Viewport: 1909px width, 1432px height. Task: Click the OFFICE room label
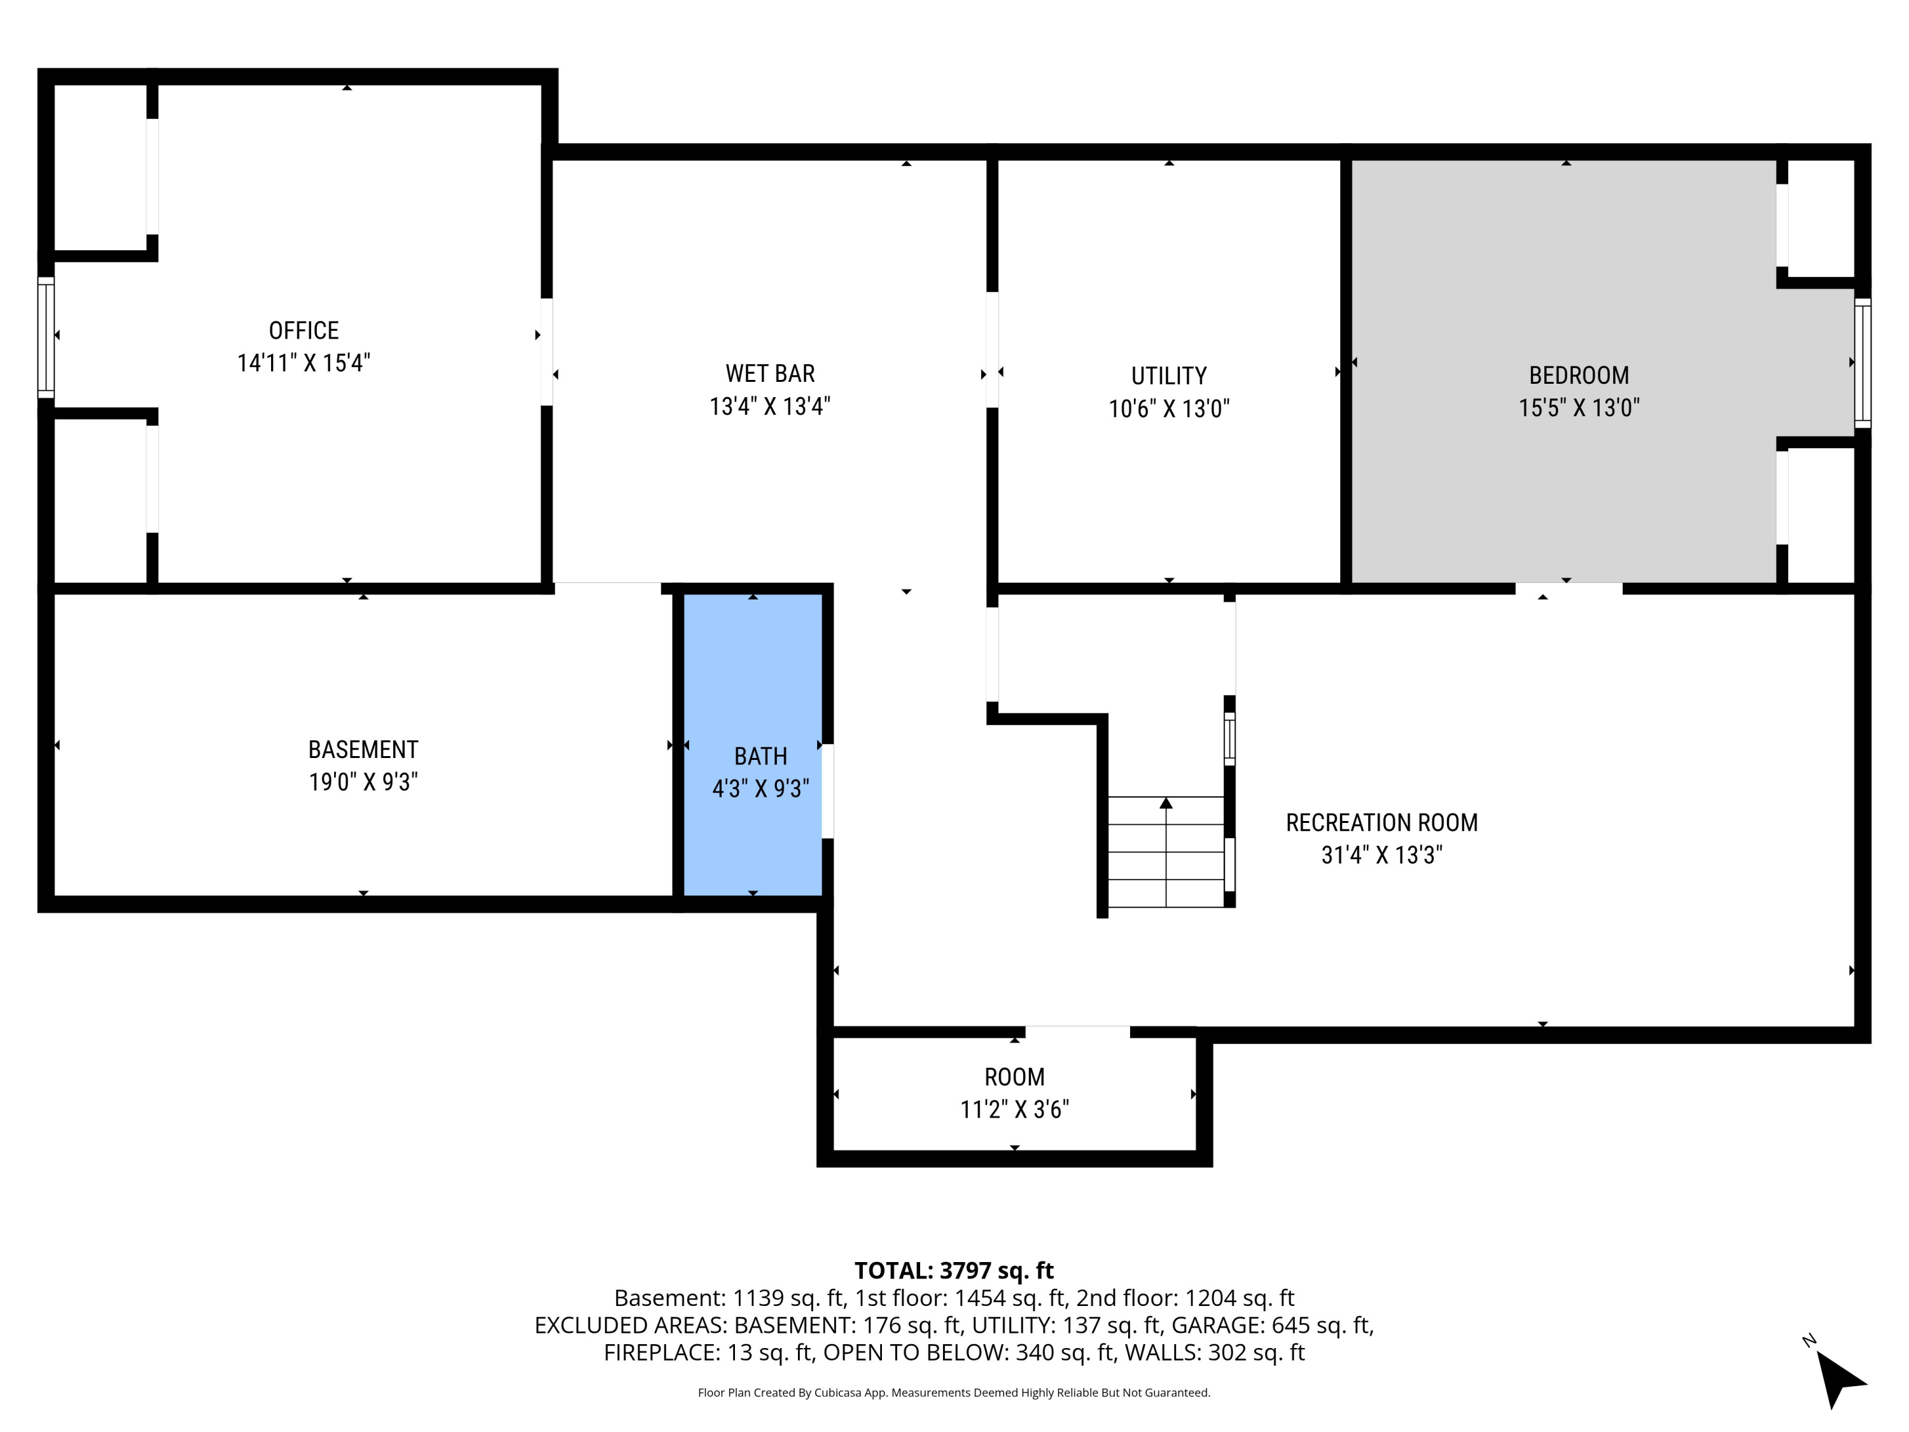pyautogui.click(x=304, y=330)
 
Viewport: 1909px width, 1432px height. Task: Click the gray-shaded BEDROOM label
pyautogui.click(x=1579, y=376)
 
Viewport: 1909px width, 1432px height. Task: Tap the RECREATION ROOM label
pyautogui.click(x=1381, y=822)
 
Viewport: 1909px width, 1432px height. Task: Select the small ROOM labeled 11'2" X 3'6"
pyautogui.click(x=1014, y=1093)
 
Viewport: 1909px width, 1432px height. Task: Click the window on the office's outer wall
pyautogui.click(x=46, y=337)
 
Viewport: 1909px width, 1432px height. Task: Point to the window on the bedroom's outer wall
pyautogui.click(x=1863, y=363)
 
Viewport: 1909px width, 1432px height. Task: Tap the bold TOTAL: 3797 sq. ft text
pyautogui.click(x=954, y=1270)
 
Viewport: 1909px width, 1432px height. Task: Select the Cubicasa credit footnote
pyautogui.click(x=954, y=1393)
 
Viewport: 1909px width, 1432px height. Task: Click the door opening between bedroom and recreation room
pyautogui.click(x=1568, y=589)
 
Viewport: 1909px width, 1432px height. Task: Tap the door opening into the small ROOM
pyautogui.click(x=1077, y=1032)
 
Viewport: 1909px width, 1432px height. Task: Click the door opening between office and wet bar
pyautogui.click(x=546, y=351)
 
